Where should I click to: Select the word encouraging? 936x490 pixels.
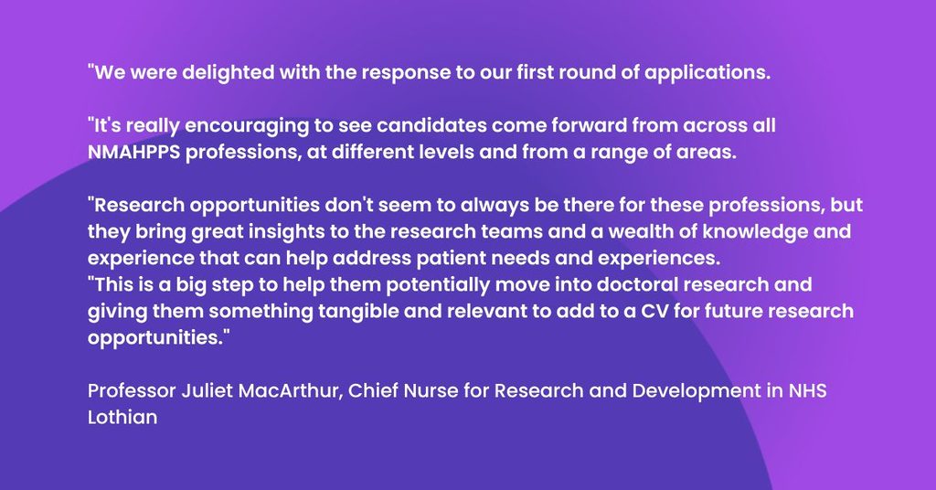247,126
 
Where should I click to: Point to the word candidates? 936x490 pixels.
431,125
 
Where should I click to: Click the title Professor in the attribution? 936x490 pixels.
132,391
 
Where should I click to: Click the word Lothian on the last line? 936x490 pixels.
122,417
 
